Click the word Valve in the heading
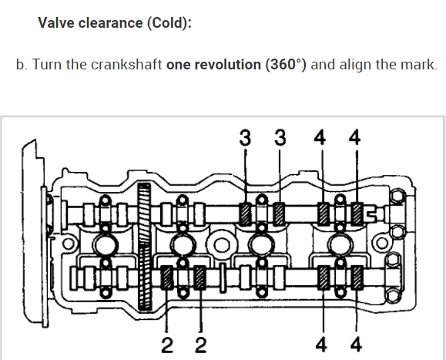pyautogui.click(x=55, y=22)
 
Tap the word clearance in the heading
pyautogui.click(x=110, y=22)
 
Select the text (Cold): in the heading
pyautogui.click(x=169, y=23)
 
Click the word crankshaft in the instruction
pyautogui.click(x=126, y=64)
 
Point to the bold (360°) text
pyautogui.click(x=286, y=64)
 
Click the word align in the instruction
pyautogui.click(x=355, y=65)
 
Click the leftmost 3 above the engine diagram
pyautogui.click(x=245, y=138)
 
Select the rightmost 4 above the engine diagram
pyautogui.click(x=354, y=138)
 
